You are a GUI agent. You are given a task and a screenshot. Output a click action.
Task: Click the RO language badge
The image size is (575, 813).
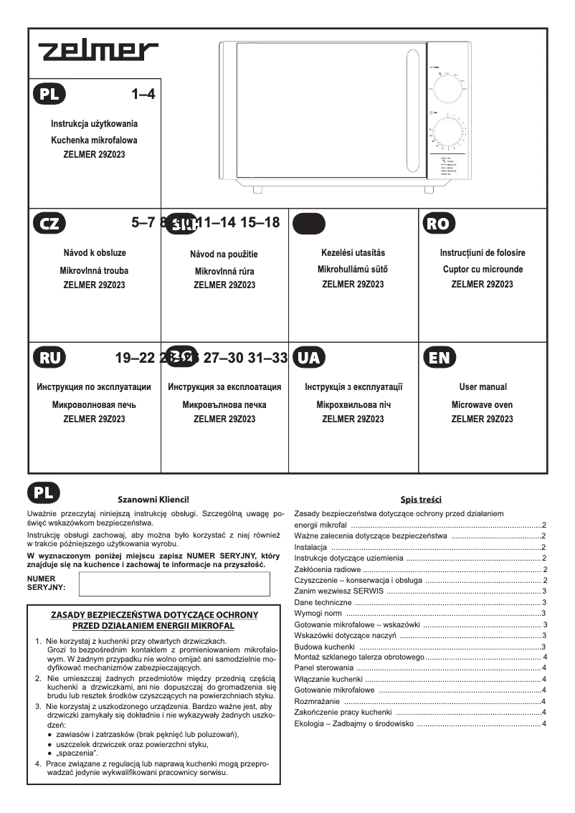[438, 223]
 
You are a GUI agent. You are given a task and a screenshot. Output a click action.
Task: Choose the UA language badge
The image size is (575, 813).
[309, 357]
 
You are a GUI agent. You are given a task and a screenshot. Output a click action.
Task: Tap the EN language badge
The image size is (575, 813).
[438, 357]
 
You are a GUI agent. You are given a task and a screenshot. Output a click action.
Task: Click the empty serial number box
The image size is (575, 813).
[174, 584]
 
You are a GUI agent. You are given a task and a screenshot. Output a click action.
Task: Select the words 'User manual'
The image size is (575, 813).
[483, 387]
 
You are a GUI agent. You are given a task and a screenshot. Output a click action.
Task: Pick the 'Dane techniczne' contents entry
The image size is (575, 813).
[323, 602]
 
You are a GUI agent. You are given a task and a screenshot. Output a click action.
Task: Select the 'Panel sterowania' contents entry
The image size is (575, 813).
[325, 668]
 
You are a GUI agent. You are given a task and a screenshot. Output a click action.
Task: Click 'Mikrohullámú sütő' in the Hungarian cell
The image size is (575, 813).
[353, 270]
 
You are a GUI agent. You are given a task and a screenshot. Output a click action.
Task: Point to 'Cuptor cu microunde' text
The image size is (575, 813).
[483, 270]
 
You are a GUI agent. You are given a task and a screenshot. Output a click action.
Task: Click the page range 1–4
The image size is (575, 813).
[143, 94]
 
